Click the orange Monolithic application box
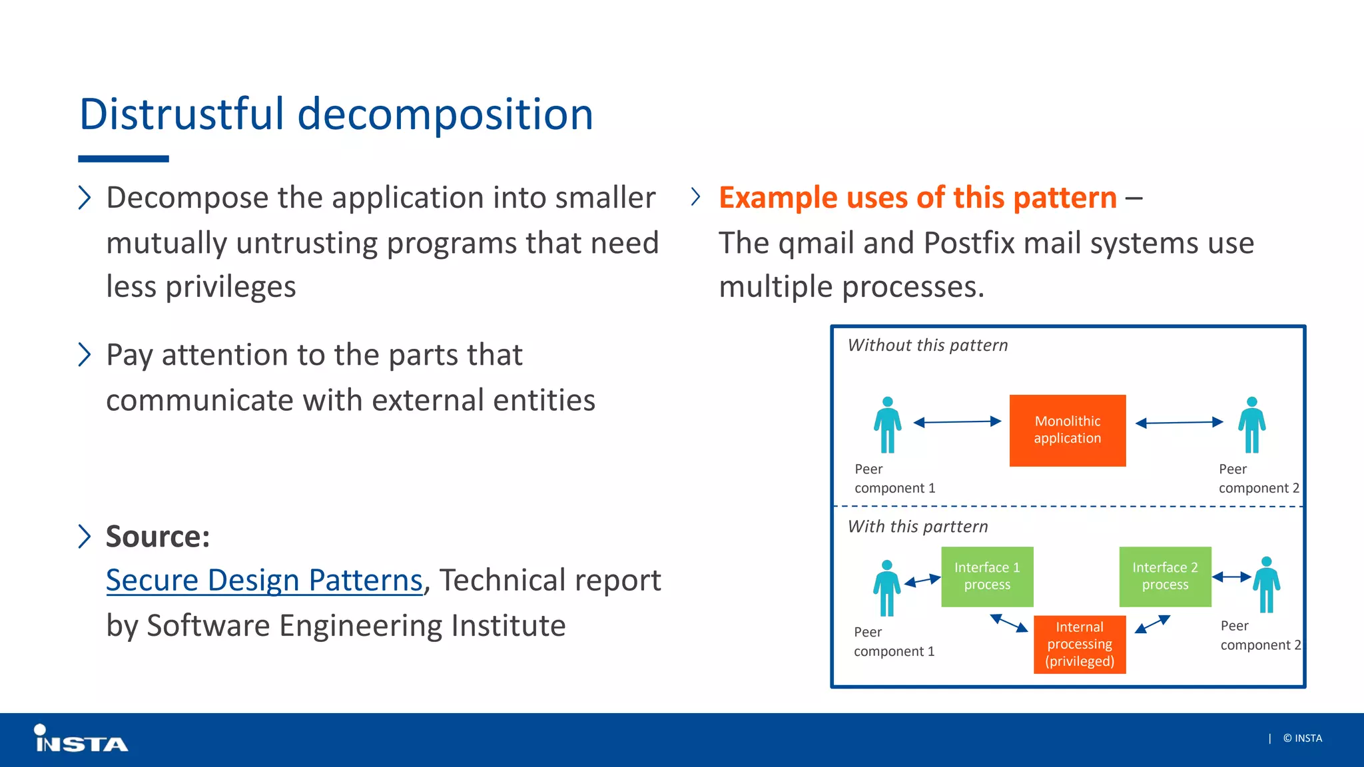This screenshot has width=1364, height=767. pos(1067,430)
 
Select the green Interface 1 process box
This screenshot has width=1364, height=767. pos(986,577)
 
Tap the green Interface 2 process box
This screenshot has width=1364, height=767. pos(1164,577)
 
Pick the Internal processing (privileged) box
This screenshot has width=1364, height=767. pos(1079,644)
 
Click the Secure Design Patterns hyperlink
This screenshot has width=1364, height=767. pos(264,580)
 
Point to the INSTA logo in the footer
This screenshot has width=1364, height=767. pos(81,740)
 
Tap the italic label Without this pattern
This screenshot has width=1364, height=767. pos(927,345)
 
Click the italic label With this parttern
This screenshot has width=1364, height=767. pos(917,527)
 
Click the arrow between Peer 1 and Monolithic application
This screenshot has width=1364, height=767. pos(957,421)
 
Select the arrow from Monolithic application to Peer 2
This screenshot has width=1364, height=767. pos(1179,422)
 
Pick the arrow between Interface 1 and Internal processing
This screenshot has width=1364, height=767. pos(1008,623)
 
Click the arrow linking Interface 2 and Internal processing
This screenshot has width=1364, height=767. pos(1152,624)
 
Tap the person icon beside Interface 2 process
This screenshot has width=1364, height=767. pos(1266,584)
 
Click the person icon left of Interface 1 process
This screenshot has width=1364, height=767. pos(886,587)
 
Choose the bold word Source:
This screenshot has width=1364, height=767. pos(158,537)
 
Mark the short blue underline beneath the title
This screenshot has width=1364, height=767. pos(123,159)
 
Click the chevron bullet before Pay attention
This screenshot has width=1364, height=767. pos(85,355)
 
